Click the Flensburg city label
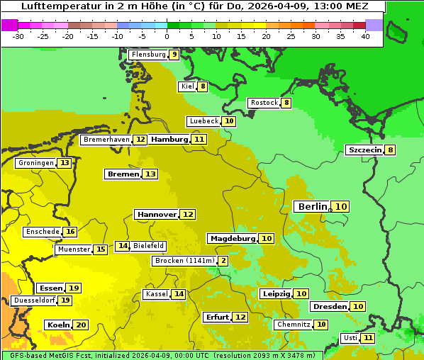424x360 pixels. click(x=148, y=55)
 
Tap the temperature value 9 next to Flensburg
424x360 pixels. click(x=174, y=55)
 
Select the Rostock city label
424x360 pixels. click(x=264, y=103)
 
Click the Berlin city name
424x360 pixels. click(x=312, y=206)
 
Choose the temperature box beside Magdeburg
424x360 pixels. click(x=267, y=238)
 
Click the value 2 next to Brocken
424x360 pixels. click(x=223, y=261)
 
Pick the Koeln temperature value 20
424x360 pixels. click(x=81, y=325)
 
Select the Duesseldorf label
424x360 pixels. click(x=34, y=300)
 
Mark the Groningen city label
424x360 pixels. click(x=36, y=163)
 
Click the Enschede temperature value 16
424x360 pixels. click(x=69, y=232)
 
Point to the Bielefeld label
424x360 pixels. click(x=149, y=246)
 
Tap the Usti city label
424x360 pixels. click(x=350, y=338)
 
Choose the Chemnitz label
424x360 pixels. click(x=294, y=325)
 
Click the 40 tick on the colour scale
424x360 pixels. click(x=365, y=36)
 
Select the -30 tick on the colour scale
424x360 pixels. click(x=18, y=36)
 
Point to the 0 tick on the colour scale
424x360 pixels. click(x=167, y=36)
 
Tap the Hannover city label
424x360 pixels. click(x=157, y=214)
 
